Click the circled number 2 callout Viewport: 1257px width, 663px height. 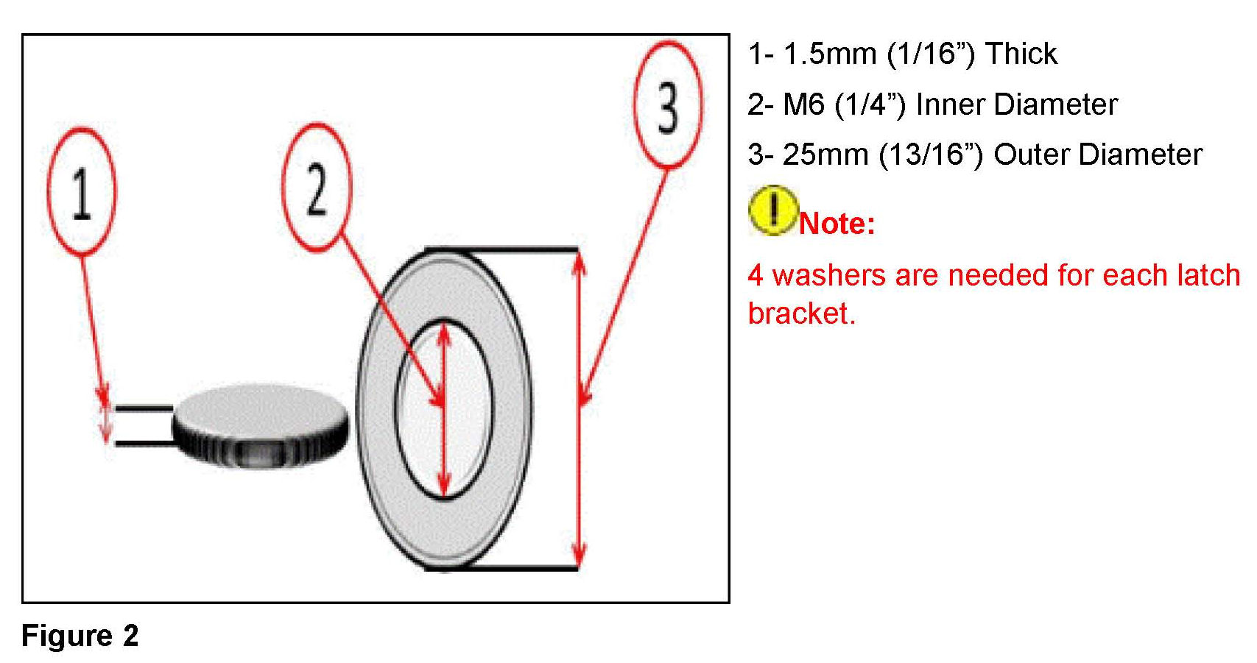[317, 188]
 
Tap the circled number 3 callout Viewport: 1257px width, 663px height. [667, 106]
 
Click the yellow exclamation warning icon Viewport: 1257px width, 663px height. [772, 210]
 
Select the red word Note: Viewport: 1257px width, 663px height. [837, 224]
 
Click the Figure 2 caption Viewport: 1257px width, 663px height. [80, 636]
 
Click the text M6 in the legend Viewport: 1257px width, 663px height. [803, 104]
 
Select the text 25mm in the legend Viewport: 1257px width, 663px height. [825, 155]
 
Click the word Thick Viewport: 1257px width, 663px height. [1021, 54]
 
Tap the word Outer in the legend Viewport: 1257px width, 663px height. [1031, 155]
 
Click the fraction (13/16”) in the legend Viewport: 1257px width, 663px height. [931, 155]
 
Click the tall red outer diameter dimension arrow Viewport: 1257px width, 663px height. [580, 409]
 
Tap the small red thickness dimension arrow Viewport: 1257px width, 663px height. [105, 423]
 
